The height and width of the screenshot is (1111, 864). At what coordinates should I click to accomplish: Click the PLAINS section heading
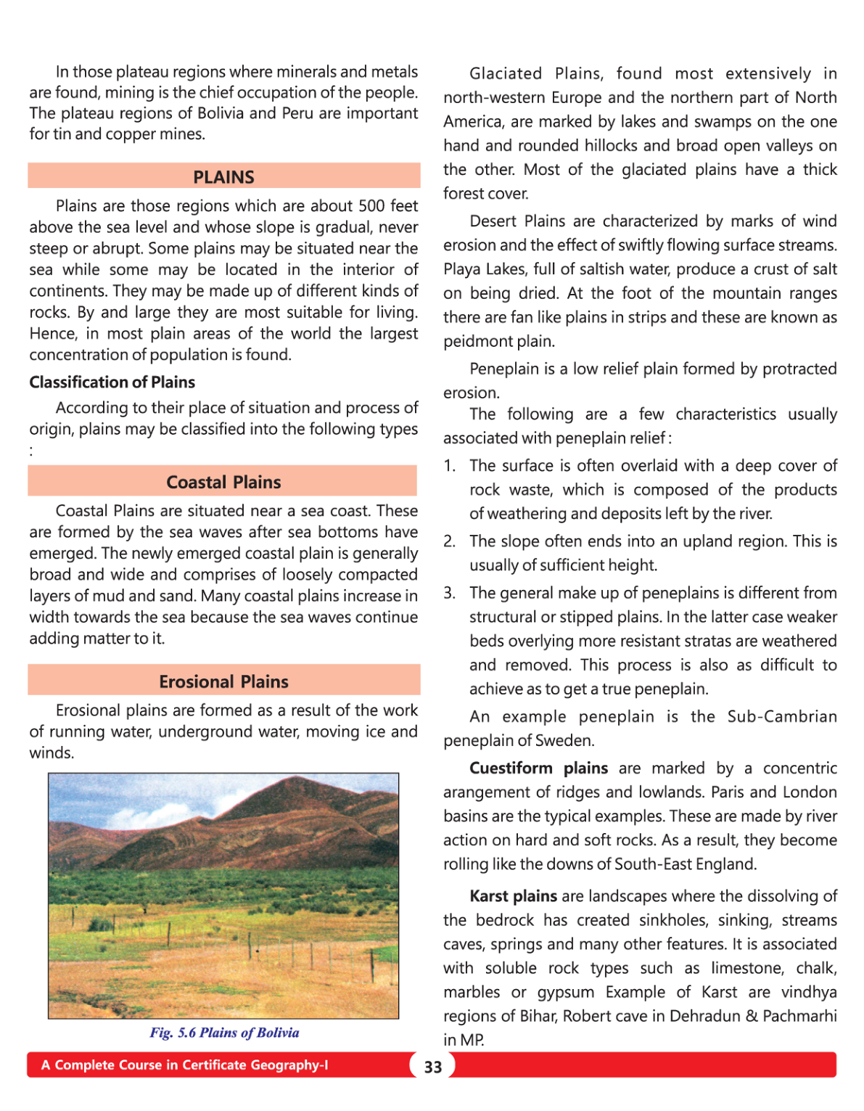pyautogui.click(x=223, y=177)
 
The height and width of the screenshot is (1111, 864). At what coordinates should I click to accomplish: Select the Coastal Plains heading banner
pyautogui.click(x=223, y=482)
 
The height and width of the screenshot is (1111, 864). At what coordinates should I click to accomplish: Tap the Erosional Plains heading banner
pyautogui.click(x=223, y=681)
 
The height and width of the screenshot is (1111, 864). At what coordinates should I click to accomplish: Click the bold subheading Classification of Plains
pyautogui.click(x=112, y=382)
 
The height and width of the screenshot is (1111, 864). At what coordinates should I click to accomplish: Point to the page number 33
pyautogui.click(x=433, y=1067)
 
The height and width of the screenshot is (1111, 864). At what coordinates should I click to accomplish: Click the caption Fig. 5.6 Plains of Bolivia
pyautogui.click(x=224, y=1033)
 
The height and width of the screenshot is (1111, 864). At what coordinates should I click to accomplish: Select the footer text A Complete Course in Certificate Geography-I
pyautogui.click(x=184, y=1065)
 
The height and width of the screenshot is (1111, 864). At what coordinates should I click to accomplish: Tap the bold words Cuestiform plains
pyautogui.click(x=538, y=768)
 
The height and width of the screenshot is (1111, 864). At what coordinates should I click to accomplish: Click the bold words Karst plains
pyautogui.click(x=513, y=896)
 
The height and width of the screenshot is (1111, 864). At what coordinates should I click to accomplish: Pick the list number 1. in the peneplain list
pyautogui.click(x=450, y=466)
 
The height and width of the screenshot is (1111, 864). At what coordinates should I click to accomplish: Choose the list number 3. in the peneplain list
pyautogui.click(x=450, y=593)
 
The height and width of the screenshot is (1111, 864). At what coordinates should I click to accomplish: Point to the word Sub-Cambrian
pyautogui.click(x=782, y=717)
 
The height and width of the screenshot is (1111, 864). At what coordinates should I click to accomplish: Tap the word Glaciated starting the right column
pyautogui.click(x=506, y=74)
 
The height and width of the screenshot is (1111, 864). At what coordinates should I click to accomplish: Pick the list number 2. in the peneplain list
pyautogui.click(x=450, y=541)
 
